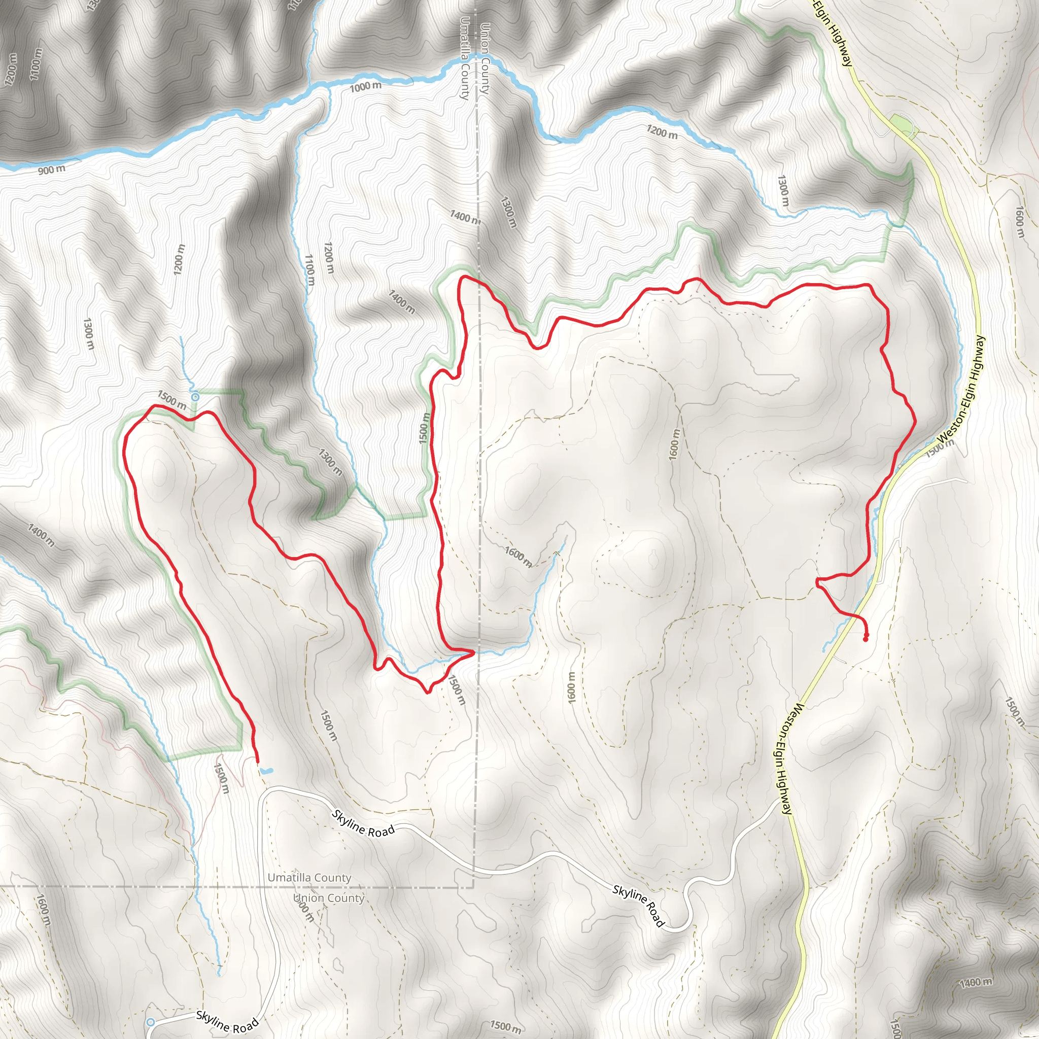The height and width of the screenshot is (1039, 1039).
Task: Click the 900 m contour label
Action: tap(52, 170)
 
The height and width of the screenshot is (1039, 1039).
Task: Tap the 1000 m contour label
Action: tap(366, 86)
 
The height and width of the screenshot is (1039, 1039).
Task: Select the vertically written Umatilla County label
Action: tap(465, 58)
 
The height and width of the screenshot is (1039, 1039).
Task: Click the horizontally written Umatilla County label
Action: tap(309, 878)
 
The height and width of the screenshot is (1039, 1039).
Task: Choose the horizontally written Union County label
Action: tap(329, 898)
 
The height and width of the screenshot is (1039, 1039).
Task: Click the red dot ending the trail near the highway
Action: tap(865, 639)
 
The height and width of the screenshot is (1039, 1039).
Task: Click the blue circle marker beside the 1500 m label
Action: tap(195, 397)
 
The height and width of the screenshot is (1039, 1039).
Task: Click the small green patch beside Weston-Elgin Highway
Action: tap(902, 125)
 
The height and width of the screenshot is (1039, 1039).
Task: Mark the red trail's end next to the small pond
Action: tap(257, 761)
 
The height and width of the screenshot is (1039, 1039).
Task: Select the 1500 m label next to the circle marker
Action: tap(172, 400)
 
